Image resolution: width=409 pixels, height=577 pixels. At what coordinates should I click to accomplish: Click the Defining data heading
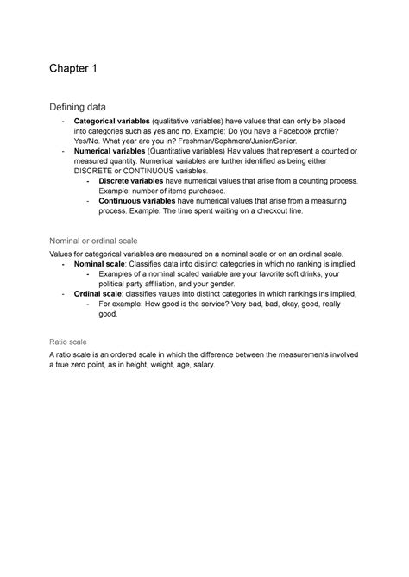click(85, 106)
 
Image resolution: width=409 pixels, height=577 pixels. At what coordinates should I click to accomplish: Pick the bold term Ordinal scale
click(98, 294)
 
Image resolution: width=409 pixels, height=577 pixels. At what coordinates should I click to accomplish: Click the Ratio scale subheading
click(70, 340)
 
